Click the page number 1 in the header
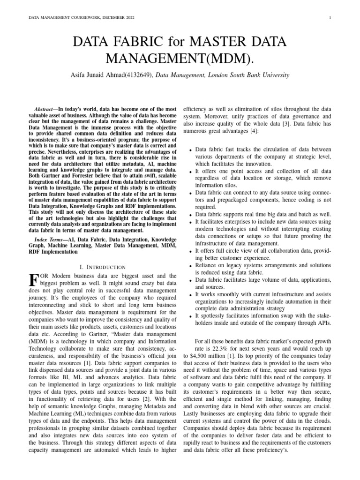[x=331, y=18]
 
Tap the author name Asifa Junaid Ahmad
[x=96, y=75]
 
